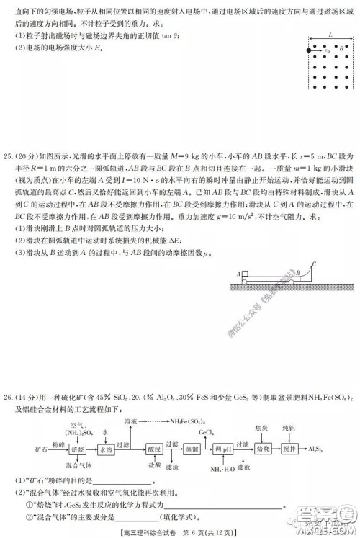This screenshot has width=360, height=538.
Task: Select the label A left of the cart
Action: pos(237,254)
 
